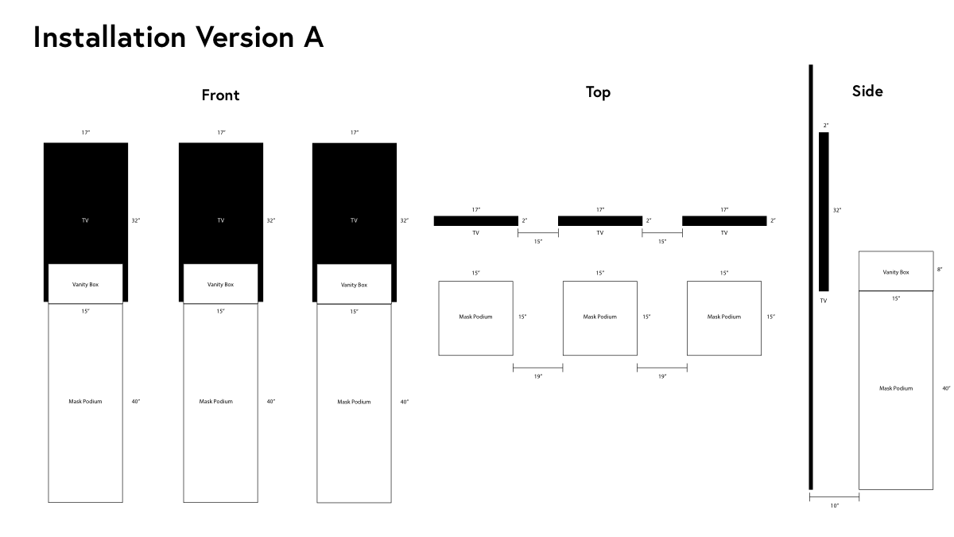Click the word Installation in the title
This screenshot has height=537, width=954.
click(110, 37)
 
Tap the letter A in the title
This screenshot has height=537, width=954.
click(313, 37)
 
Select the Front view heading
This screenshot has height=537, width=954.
click(220, 95)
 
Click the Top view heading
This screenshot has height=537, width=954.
click(598, 92)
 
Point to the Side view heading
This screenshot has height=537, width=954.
click(867, 91)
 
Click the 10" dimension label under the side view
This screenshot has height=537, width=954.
click(834, 506)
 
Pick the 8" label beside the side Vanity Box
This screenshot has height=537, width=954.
click(940, 270)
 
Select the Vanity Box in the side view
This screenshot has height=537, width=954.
click(896, 271)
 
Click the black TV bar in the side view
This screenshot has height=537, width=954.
click(824, 212)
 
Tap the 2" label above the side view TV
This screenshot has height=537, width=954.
click(826, 126)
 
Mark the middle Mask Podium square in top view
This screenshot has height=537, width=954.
click(600, 318)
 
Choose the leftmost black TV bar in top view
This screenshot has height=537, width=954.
click(475, 221)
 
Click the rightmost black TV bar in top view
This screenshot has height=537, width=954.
click(724, 221)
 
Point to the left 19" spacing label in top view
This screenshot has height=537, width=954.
click(538, 376)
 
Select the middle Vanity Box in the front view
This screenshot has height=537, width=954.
click(221, 284)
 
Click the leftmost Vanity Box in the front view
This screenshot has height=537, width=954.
click(85, 284)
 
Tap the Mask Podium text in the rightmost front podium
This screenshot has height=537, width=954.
click(354, 402)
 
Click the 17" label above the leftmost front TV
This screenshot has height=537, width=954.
click(86, 133)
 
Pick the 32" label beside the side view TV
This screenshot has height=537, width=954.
click(837, 210)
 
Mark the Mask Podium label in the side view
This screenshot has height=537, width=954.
click(896, 388)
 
